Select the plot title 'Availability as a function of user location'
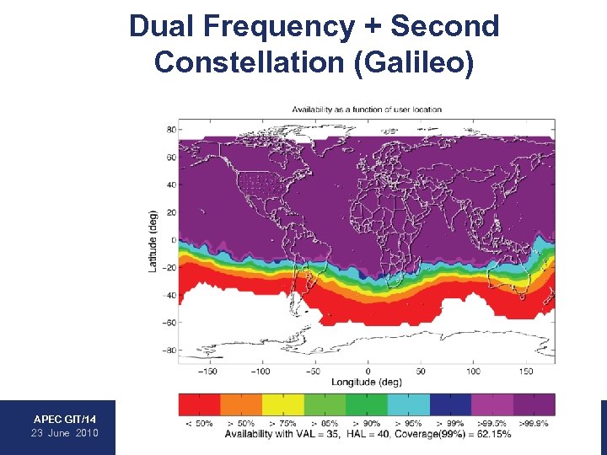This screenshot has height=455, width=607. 367,110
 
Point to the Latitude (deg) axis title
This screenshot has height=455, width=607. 153,240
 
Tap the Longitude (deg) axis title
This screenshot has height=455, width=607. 367,382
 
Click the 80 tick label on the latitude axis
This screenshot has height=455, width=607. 170,130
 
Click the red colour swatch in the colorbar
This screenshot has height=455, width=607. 199,404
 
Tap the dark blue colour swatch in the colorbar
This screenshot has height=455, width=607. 450,404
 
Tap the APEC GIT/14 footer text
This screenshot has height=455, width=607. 65,419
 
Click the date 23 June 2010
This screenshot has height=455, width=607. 65,433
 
